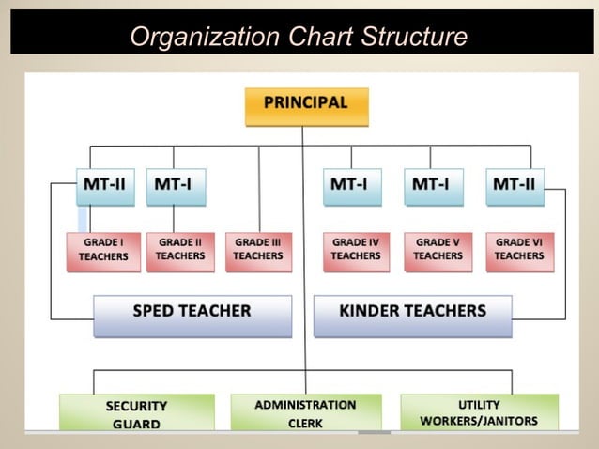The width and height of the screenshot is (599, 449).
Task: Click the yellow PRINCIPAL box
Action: coord(306,105)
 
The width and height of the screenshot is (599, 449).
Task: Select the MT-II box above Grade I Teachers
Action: coord(104,185)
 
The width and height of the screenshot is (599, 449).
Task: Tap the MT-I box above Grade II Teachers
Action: coord(175,185)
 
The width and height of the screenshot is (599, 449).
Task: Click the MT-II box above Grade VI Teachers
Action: coord(515,185)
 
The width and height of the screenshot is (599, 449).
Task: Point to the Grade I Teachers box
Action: coord(103,251)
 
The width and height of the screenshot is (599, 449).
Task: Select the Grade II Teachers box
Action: coord(180,251)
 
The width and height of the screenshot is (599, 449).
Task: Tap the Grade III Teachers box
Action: coord(258,251)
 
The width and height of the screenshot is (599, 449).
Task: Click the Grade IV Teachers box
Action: coord(356,251)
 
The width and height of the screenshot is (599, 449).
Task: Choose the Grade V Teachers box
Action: coord(438,251)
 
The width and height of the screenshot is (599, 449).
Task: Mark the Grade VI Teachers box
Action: coord(519,251)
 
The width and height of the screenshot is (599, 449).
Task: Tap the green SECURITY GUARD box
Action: coord(136,412)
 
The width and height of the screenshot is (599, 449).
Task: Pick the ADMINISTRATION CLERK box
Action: coord(306,412)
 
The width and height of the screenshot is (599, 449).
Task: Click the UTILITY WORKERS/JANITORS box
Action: coord(479,412)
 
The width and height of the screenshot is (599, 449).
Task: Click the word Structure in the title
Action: coord(409,37)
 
